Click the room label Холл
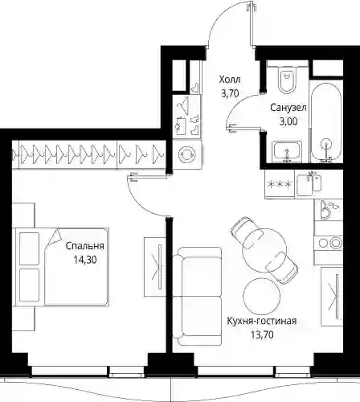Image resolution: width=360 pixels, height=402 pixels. pos(230,80)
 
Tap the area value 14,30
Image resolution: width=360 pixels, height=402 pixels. pos(85,260)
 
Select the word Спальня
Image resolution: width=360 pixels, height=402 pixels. pos(84,246)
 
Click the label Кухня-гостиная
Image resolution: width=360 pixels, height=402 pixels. pos(262,321)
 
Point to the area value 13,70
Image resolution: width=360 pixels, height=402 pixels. pos(262,334)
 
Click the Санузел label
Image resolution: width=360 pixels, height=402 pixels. pos(288,108)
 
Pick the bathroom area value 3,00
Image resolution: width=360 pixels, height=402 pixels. pos(288,121)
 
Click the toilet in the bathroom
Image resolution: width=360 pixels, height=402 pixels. pos(286,79)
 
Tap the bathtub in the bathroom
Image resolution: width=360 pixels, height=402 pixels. pos(326,122)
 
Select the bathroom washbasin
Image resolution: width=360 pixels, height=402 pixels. pos(287,152)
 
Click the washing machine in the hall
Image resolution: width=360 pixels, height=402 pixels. pos(186,154)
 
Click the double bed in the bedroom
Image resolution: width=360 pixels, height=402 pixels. pos(63,267)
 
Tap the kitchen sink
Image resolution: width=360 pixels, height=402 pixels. pos(309,184)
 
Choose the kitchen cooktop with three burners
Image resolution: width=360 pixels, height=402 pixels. pos(280,184)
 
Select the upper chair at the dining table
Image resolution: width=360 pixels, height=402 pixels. pos(247,232)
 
